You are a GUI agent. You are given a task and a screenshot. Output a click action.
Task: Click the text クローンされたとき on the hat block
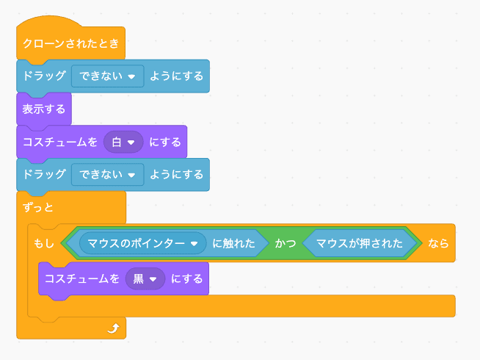pyautogui.click(x=70, y=43)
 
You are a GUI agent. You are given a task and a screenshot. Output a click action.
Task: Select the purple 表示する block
pyautogui.click(x=43, y=109)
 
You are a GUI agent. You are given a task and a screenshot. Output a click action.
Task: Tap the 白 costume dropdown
pyautogui.click(x=123, y=142)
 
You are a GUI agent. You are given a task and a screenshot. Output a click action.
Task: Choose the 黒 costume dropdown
pyautogui.click(x=145, y=279)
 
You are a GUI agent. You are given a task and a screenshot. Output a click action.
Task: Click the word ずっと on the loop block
pyautogui.click(x=38, y=207)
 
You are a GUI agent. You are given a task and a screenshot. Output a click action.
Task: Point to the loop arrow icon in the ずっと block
pyautogui.click(x=112, y=327)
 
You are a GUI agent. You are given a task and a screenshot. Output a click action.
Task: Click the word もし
pyautogui.click(x=45, y=243)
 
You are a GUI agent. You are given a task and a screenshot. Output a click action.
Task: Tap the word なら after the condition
pyautogui.click(x=438, y=243)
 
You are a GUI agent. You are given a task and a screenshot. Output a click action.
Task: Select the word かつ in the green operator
pyautogui.click(x=286, y=243)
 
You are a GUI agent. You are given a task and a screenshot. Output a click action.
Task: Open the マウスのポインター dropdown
pyautogui.click(x=143, y=243)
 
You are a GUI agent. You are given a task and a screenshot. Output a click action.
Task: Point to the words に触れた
pyautogui.click(x=234, y=243)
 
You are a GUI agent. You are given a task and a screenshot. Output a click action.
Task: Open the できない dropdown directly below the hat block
pyautogui.click(x=107, y=76)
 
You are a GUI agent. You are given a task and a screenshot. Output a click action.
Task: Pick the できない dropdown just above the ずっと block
pyautogui.click(x=107, y=175)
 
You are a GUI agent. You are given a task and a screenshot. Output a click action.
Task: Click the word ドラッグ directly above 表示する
pyautogui.click(x=44, y=76)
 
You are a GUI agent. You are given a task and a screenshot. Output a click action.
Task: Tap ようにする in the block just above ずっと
pyautogui.click(x=176, y=175)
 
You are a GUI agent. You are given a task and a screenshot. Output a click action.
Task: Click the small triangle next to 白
pyautogui.click(x=132, y=142)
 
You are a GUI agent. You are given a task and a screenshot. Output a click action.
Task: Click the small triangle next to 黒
pyautogui.click(x=153, y=279)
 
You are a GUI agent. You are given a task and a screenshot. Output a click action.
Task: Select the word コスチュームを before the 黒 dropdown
pyautogui.click(x=81, y=279)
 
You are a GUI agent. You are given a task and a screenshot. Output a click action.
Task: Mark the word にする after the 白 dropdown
pyautogui.click(x=165, y=142)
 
